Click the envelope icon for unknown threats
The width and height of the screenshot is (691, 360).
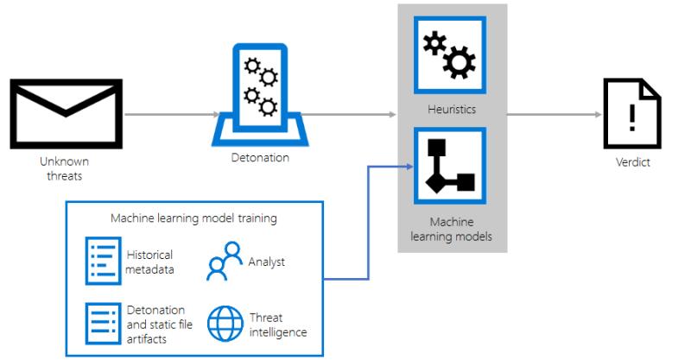[x=67, y=114]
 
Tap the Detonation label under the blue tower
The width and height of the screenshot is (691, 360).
[x=261, y=158]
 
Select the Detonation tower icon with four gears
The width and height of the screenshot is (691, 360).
[x=260, y=95]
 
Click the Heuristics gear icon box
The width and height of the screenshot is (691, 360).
[x=450, y=55]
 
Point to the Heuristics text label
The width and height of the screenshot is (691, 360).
[x=452, y=110]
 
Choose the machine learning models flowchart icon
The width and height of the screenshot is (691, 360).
[x=450, y=166]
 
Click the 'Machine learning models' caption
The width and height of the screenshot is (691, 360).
[x=451, y=229]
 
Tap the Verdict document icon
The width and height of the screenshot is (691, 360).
[x=632, y=114]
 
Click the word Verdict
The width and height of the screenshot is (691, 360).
[x=633, y=162]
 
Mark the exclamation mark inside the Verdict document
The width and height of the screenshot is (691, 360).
[x=632, y=117]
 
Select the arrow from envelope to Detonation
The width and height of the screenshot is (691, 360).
[x=172, y=115]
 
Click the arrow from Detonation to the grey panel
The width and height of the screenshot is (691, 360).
[x=349, y=115]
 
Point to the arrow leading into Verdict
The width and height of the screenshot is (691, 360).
[x=555, y=115]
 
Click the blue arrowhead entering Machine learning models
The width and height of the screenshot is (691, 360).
[x=409, y=167]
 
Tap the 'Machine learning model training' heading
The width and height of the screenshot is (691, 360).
[x=193, y=218]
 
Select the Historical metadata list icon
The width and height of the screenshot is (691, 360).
[x=103, y=261]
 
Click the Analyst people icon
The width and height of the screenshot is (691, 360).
[x=225, y=261]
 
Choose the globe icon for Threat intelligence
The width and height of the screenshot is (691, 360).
[x=225, y=324]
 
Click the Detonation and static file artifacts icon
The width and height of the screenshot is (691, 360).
[x=103, y=324]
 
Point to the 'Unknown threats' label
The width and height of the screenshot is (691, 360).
[x=64, y=168]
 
